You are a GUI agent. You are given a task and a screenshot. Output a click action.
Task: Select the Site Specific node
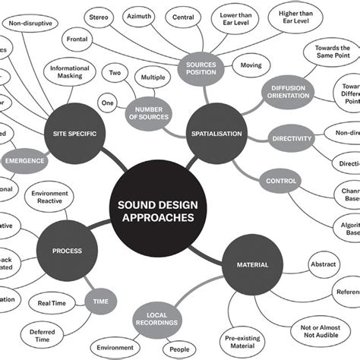pyautogui.click(x=73, y=134)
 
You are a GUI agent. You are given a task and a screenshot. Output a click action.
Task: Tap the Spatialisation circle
pyautogui.click(x=215, y=134)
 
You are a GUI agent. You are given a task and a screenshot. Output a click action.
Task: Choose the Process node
pyautogui.click(x=68, y=251)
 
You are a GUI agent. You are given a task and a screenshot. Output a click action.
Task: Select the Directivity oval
pyautogui.click(x=291, y=139)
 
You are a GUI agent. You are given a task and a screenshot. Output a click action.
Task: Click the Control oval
pyautogui.click(x=281, y=181)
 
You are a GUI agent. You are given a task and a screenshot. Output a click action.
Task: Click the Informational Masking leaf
pyautogui.click(x=74, y=73)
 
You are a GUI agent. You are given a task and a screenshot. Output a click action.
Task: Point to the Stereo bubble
pyautogui.click(x=99, y=17)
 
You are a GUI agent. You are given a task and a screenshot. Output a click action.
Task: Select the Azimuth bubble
pyautogui.click(x=140, y=17)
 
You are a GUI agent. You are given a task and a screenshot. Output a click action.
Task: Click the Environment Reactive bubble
pyautogui.click(x=55, y=199)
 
